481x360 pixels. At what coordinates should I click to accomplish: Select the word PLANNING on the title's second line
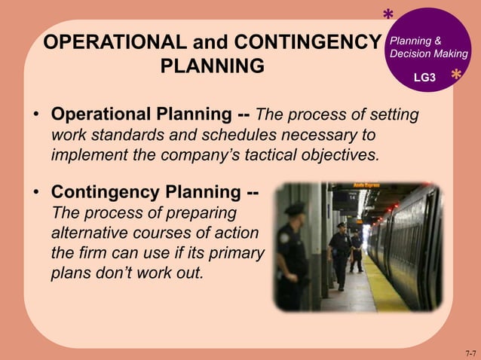pos(213,66)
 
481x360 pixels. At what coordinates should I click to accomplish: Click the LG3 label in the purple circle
pos(424,78)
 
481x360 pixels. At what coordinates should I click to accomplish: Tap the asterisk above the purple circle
pos(388,16)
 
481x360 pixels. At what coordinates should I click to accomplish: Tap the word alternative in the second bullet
pos(88,233)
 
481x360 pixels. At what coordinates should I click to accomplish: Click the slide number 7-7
pos(470,352)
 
